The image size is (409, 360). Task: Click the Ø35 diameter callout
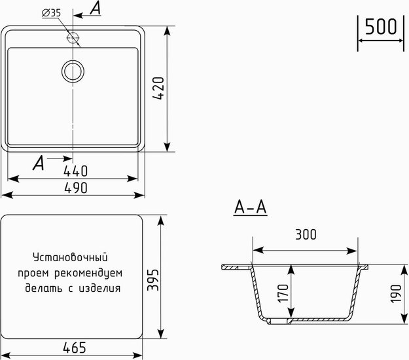[51, 13]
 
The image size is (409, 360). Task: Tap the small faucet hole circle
[73, 37]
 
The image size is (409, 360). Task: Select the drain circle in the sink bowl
[73, 71]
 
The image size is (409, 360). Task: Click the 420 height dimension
[158, 88]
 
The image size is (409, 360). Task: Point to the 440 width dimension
[76, 171]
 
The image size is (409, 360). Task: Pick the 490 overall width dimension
[76, 188]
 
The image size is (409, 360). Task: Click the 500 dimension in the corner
[381, 27]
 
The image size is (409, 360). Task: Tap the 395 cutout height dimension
[153, 279]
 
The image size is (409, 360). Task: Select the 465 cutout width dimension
[75, 348]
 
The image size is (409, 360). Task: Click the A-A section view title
[251, 207]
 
